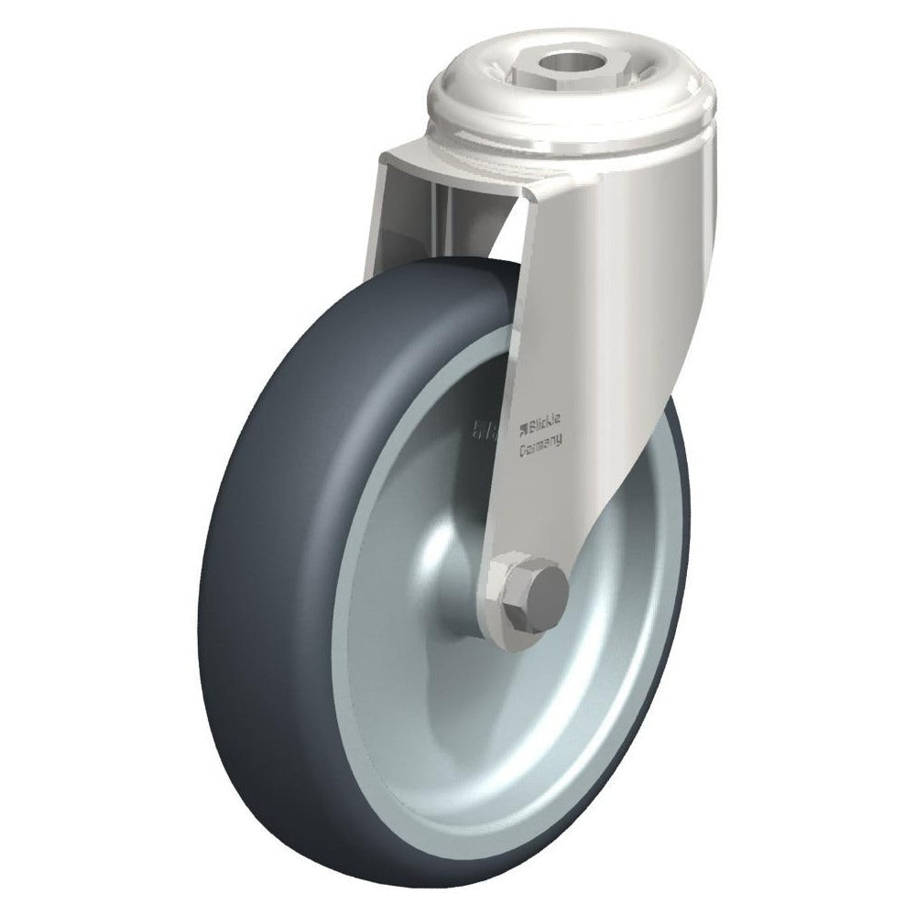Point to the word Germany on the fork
coord(540,446)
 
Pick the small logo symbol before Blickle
coord(526,423)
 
